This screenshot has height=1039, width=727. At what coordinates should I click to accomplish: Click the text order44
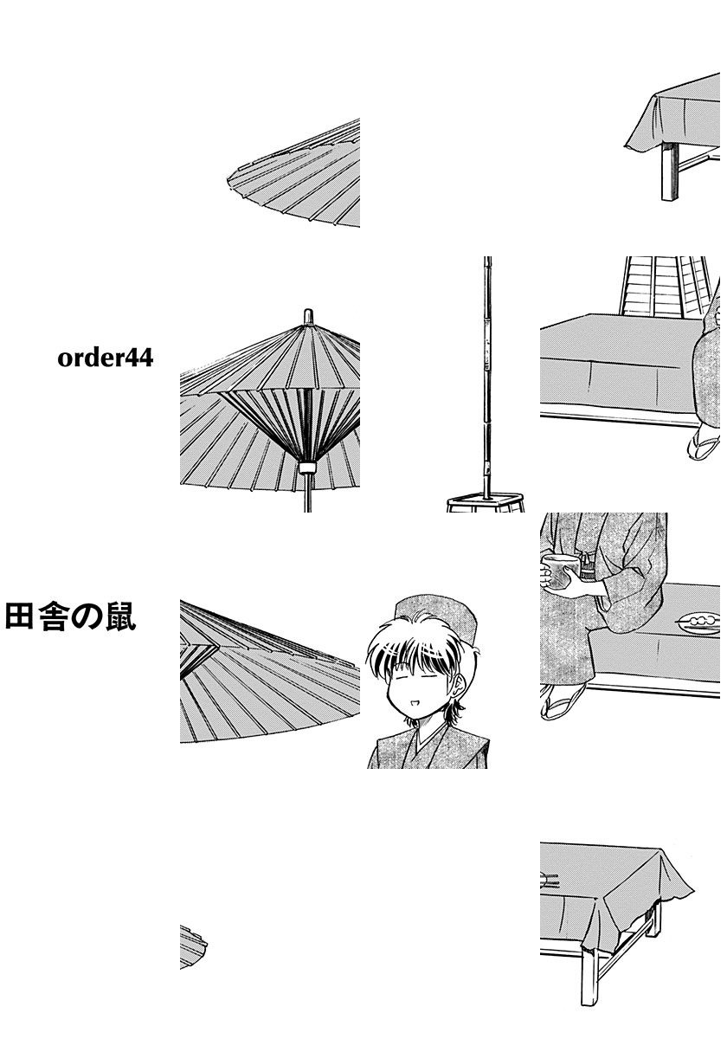pyautogui.click(x=106, y=358)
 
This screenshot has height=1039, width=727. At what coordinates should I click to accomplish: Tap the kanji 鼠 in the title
pyautogui.click(x=120, y=616)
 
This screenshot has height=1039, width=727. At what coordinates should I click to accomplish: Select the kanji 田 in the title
pyautogui.click(x=19, y=616)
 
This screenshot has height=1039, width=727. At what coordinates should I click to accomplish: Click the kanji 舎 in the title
pyautogui.click(x=53, y=616)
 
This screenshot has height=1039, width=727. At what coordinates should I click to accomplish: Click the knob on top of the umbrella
pyautogui.click(x=308, y=316)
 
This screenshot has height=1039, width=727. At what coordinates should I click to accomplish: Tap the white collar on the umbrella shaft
pyautogui.click(x=307, y=467)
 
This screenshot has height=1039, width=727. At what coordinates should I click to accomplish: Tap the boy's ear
pyautogui.click(x=459, y=685)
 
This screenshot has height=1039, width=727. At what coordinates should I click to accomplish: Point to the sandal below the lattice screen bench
pyautogui.click(x=704, y=444)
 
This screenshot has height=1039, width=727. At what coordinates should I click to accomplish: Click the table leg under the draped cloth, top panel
pyautogui.click(x=668, y=171)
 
